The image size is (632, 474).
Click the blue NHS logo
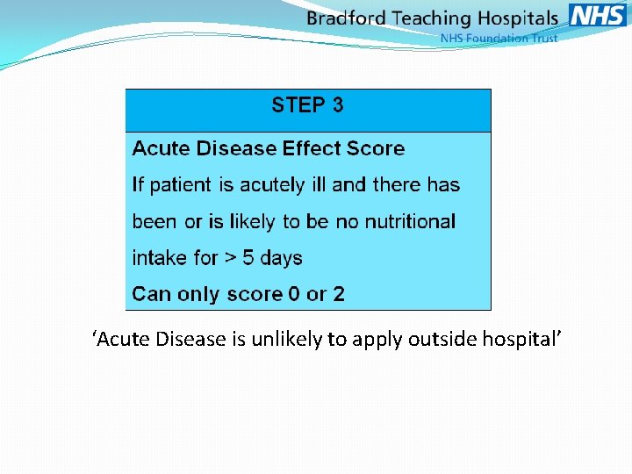click(598, 16)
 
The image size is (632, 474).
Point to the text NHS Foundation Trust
click(499, 39)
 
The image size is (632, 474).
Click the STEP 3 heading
click(307, 106)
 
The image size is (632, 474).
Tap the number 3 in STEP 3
click(337, 106)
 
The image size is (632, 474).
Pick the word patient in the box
click(181, 185)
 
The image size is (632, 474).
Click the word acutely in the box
click(247, 185)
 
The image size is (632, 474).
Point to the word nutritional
click(408, 222)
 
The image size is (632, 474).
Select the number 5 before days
click(248, 258)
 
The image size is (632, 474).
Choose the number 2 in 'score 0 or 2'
click(339, 295)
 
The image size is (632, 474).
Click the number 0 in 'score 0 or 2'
click(295, 295)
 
